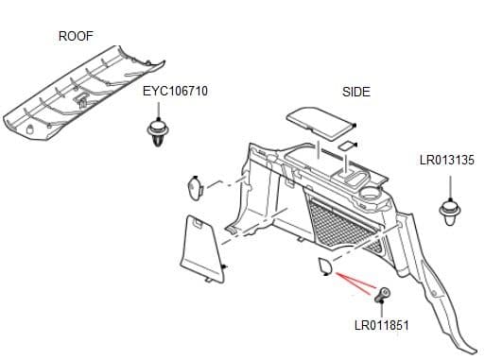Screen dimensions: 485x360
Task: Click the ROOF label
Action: click(77, 36)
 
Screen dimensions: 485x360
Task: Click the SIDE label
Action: click(355, 92)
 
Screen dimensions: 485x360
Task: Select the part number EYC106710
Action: click(175, 92)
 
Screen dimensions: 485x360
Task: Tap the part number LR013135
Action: click(446, 161)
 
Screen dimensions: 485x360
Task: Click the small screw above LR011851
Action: click(384, 295)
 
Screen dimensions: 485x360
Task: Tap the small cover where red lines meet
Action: click(323, 267)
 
